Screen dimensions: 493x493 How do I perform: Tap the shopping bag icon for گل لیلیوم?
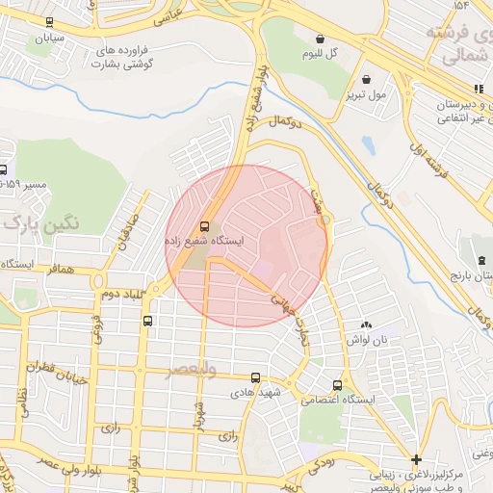click(x=320, y=39)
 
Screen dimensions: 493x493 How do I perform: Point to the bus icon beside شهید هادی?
click(x=255, y=378)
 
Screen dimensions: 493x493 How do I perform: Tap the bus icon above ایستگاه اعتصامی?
click(x=336, y=383)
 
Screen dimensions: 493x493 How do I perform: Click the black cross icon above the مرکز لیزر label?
click(x=415, y=459)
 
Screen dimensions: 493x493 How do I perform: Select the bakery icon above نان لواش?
click(x=365, y=325)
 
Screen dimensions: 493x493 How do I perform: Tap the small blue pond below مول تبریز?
click(x=368, y=144)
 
